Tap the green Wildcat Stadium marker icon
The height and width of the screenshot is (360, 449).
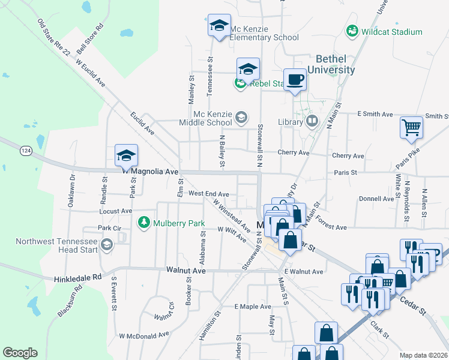click(x=352, y=31)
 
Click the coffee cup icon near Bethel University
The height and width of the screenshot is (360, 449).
click(x=295, y=80)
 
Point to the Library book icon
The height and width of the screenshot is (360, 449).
click(x=312, y=122)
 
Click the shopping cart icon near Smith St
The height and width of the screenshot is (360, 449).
click(x=411, y=127)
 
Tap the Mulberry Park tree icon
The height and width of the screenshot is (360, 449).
click(x=143, y=223)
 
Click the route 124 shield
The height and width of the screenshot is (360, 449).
click(x=25, y=149)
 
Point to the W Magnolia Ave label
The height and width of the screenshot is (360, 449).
click(x=151, y=172)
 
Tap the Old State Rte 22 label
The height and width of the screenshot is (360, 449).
click(x=53, y=37)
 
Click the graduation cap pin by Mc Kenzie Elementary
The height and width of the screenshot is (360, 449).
click(x=218, y=26)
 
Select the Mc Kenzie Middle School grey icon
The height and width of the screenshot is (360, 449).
click(x=241, y=117)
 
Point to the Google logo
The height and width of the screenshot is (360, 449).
click(x=20, y=353)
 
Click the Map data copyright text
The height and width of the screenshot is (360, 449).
click(x=424, y=355)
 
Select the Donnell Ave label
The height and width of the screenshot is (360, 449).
click(x=376, y=199)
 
